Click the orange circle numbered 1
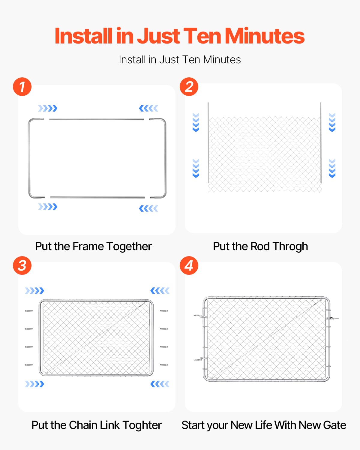(x=22, y=87)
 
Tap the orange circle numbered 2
(x=189, y=87)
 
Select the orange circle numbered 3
(x=22, y=265)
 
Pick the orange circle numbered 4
(x=189, y=265)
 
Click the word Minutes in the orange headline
(x=264, y=36)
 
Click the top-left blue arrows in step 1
(x=48, y=108)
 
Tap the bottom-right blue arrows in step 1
(x=148, y=208)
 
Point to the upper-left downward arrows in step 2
(x=196, y=122)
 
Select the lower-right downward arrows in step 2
(x=332, y=168)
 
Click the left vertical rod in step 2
(x=208, y=142)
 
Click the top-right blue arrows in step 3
(x=160, y=291)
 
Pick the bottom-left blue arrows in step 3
(x=34, y=384)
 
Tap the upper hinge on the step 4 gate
(x=200, y=316)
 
